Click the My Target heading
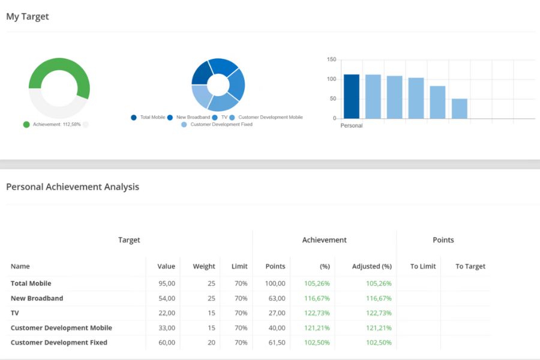pos(28,17)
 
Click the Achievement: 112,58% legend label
pos(57,124)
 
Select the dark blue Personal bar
pos(351,97)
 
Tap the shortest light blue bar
pos(460,109)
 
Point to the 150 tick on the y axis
pos(331,59)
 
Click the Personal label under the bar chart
pos(351,126)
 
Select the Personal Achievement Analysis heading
pos(73,187)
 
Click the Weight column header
pos(204,266)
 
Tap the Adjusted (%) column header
pos(371,266)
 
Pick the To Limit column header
pos(423,266)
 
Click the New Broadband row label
pos(37,298)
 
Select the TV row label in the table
pos(15,313)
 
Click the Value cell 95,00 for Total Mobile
pos(167,284)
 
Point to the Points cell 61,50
pos(277,343)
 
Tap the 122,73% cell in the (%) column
pos(317,313)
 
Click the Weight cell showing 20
pos(211,343)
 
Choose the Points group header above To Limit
pos(443,240)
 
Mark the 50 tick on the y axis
pos(332,99)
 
